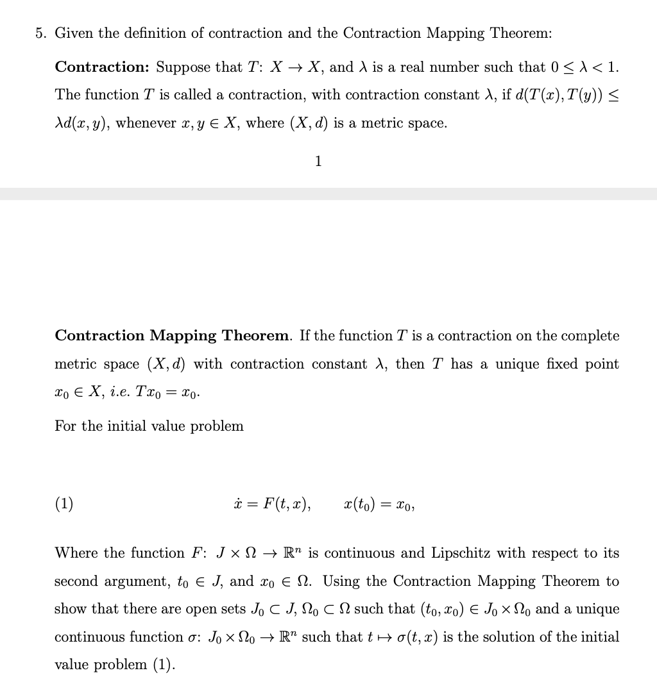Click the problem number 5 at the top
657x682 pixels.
coord(40,33)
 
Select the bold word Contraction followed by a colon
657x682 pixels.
coord(103,67)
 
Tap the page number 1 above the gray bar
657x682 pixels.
coord(318,161)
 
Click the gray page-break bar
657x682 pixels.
coord(328,194)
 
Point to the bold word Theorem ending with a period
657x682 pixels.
coord(257,336)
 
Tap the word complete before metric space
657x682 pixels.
coord(590,336)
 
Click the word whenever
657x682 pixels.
coord(146,123)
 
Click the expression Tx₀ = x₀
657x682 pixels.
coord(167,392)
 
